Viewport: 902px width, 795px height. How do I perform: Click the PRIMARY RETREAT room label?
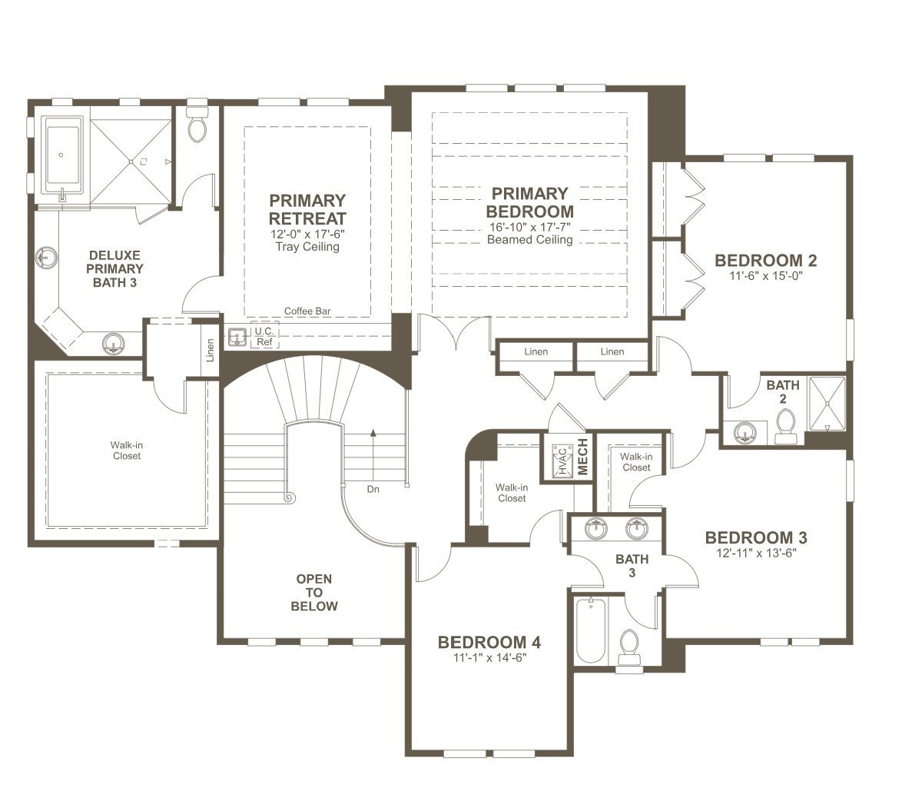point(307,209)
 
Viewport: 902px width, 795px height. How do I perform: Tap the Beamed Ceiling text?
point(530,240)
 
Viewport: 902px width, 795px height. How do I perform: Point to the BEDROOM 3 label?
point(756,537)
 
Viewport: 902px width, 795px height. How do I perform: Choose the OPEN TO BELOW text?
point(314,592)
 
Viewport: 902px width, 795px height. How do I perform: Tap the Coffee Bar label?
point(307,311)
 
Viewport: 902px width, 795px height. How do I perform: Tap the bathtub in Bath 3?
point(591,630)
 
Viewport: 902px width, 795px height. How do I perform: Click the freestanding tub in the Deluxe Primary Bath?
point(61,157)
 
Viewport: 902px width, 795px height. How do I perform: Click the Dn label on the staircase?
point(373,489)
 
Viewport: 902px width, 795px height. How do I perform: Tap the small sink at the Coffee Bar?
point(237,338)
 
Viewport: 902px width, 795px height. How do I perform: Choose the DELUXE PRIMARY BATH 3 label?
point(115,268)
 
